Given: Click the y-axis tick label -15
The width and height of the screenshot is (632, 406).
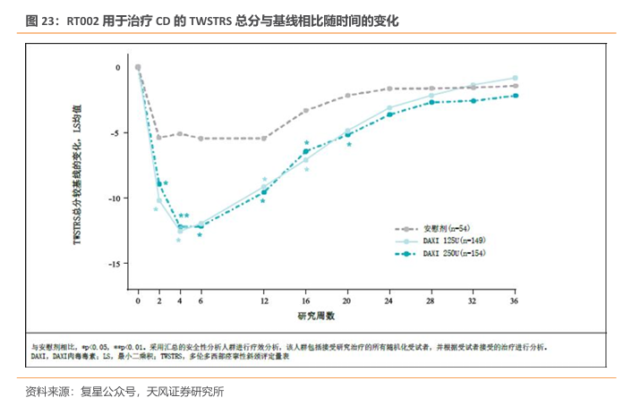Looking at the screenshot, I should [113, 264].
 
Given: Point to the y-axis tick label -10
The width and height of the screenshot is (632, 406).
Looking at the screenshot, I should [113, 199].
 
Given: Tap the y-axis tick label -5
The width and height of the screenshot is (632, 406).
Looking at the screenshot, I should [115, 133].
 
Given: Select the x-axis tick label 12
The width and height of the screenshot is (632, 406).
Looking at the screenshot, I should [264, 303].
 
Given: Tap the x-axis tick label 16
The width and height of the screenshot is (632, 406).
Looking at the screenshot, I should [306, 303].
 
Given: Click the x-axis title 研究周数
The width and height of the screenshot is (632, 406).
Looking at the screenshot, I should [316, 317].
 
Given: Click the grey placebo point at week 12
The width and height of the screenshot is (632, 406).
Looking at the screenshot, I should [264, 138].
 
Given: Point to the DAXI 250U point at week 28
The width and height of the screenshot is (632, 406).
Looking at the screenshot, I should [431, 102].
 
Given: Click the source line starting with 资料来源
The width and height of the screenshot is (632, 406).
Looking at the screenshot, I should [125, 391].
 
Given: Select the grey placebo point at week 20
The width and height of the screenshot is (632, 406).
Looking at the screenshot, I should [347, 96].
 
